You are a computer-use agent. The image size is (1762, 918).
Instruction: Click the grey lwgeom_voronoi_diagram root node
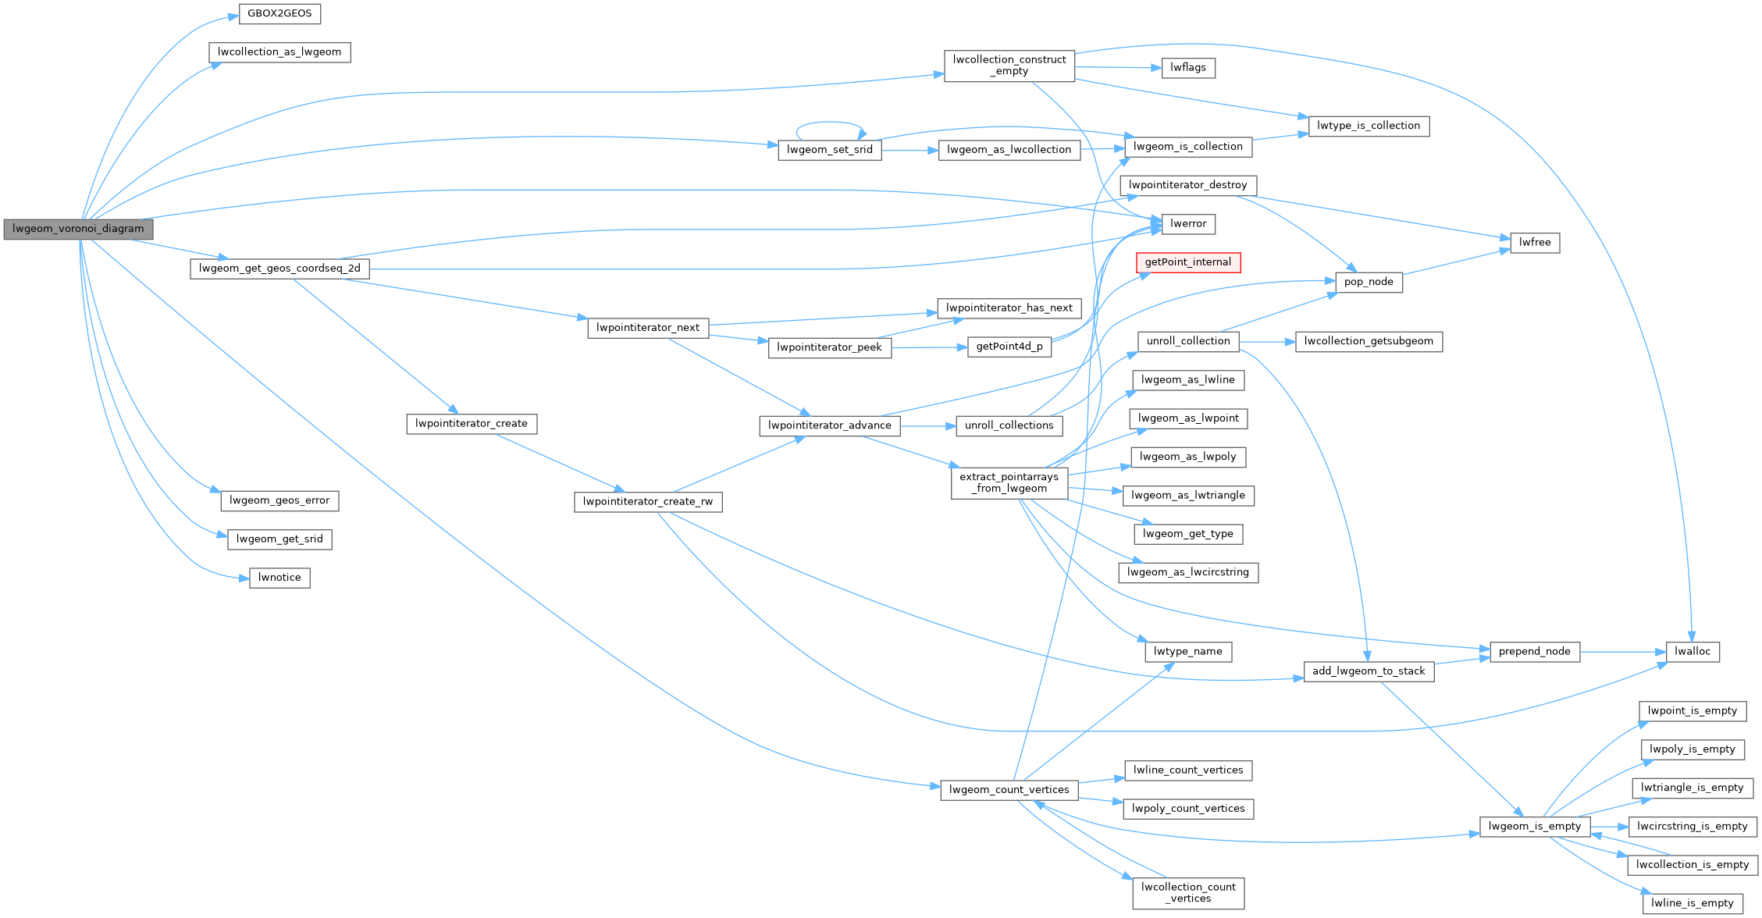click(78, 229)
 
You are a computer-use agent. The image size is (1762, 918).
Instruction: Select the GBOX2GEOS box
click(279, 13)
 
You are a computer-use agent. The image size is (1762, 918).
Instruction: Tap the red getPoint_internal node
click(1187, 262)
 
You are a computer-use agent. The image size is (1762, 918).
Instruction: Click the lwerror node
click(1188, 223)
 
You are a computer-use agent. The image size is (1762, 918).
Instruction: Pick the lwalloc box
click(1692, 651)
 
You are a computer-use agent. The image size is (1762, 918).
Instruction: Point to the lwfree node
click(1535, 242)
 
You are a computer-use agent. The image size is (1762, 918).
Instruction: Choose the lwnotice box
click(279, 578)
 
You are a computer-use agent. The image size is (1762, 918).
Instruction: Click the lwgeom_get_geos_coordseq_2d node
click(279, 269)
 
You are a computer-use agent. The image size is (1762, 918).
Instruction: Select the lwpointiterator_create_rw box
click(648, 501)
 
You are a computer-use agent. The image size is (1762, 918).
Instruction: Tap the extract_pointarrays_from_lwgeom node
click(1009, 482)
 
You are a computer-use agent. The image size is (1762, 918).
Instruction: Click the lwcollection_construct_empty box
click(1009, 66)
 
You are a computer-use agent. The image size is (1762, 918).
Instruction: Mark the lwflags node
click(1187, 67)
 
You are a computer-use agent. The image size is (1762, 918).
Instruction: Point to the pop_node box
click(1369, 282)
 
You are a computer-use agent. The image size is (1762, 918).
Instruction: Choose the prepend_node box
click(1534, 651)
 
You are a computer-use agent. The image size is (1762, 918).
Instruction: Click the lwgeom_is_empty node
click(1534, 826)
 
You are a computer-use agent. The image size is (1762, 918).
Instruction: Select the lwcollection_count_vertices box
click(1187, 892)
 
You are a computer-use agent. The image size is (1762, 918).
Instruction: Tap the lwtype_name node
click(1187, 651)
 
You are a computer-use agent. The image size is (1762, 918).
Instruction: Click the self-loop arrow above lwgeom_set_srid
click(830, 123)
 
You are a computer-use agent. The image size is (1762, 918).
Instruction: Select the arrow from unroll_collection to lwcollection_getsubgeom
click(1266, 342)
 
